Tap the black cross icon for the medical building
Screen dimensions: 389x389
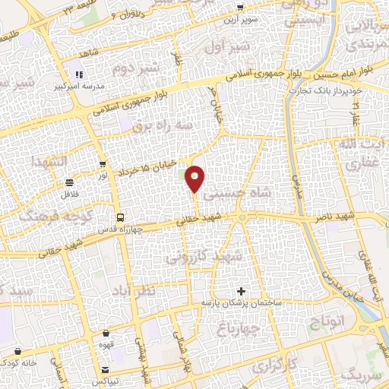coord(242,291)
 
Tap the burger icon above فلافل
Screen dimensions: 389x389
coord(70,182)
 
